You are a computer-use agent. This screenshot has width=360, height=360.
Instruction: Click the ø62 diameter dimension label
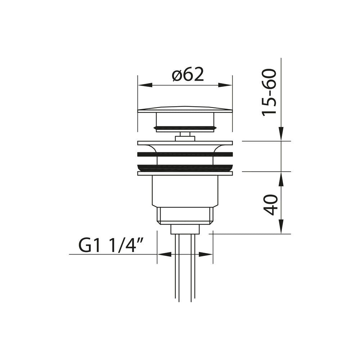(188, 75)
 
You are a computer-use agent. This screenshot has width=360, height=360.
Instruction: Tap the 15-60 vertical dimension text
(269, 93)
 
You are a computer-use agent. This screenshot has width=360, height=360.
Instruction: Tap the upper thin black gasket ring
(185, 154)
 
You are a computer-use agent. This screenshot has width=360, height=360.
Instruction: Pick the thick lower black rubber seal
(185, 167)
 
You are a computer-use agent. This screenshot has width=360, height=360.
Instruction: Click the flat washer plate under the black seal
(185, 174)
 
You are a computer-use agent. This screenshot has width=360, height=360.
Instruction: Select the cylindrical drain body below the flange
(185, 191)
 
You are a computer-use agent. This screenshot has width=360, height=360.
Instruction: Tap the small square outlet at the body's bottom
(185, 229)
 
